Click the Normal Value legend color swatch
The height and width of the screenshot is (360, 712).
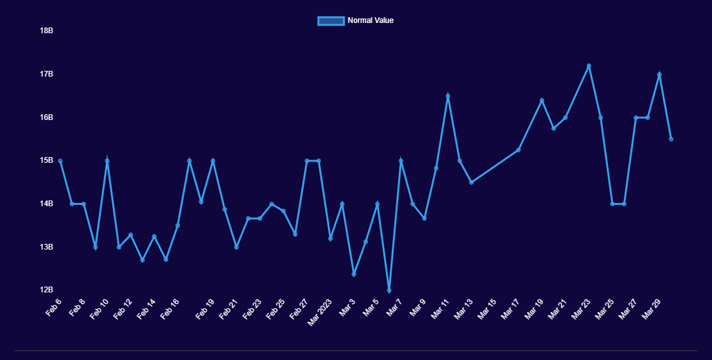pyautogui.click(x=331, y=20)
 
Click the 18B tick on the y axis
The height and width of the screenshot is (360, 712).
pyautogui.click(x=46, y=31)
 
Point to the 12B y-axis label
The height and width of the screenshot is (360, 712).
pyautogui.click(x=46, y=290)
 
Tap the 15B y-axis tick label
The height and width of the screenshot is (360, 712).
pyautogui.click(x=46, y=160)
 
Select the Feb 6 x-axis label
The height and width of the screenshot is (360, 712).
pyautogui.click(x=54, y=307)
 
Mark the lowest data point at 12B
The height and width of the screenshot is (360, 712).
pyautogui.click(x=389, y=290)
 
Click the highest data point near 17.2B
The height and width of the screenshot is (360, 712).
pyautogui.click(x=589, y=66)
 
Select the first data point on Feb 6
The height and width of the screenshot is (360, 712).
pyautogui.click(x=60, y=161)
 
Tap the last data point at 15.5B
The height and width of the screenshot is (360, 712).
pyautogui.click(x=671, y=139)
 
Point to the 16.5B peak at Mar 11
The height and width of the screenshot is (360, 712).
pyautogui.click(x=448, y=96)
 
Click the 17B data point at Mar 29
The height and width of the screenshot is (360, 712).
pyautogui.click(x=659, y=75)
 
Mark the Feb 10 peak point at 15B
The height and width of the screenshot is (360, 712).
pyautogui.click(x=107, y=161)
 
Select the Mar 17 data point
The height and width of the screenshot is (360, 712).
pyautogui.click(x=518, y=150)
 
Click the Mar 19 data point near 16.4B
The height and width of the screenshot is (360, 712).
pyautogui.click(x=542, y=100)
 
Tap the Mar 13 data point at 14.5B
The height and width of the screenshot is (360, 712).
pyautogui.click(x=471, y=183)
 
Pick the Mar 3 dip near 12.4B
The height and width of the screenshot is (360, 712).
pyautogui.click(x=354, y=274)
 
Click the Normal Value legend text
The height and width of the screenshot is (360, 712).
pyautogui.click(x=371, y=20)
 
